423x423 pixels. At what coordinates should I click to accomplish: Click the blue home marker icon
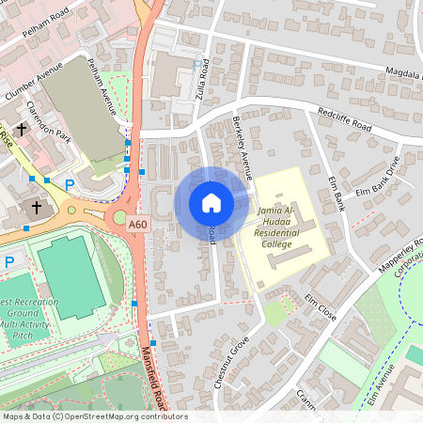tap(211, 203)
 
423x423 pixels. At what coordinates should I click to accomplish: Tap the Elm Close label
tap(321, 308)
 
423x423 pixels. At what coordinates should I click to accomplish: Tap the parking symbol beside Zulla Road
tap(196, 65)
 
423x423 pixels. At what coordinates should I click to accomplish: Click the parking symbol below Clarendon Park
tap(69, 186)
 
